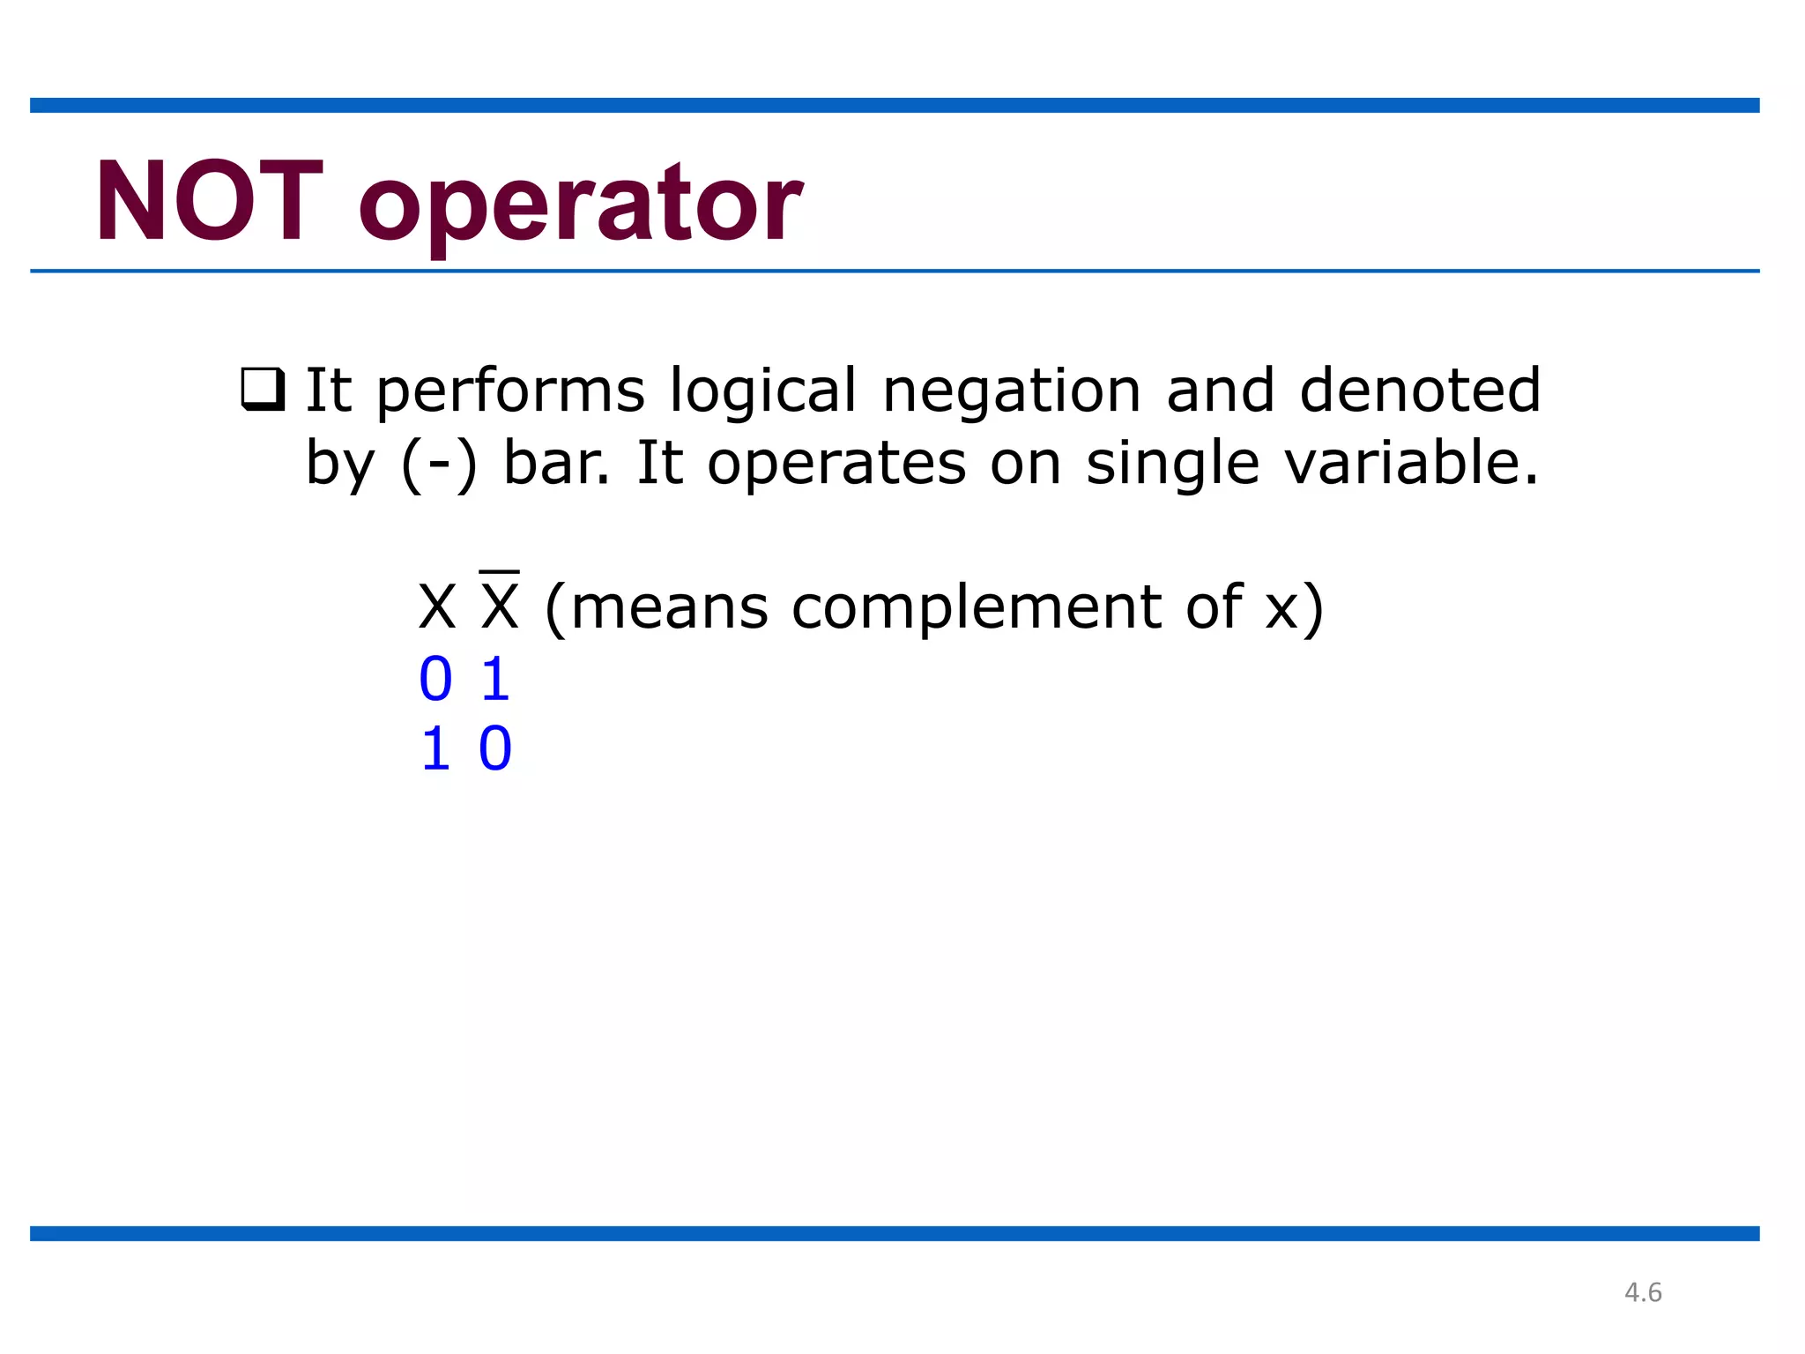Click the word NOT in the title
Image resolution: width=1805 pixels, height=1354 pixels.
coord(209,203)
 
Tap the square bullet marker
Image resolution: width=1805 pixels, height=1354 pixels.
coord(263,390)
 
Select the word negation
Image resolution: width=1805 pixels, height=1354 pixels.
coord(1012,391)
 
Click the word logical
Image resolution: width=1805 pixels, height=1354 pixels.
coord(762,391)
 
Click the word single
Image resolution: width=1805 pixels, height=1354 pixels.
coord(1172,465)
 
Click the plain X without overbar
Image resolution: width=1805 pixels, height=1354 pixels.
coord(437,607)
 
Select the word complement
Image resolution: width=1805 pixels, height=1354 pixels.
coord(977,609)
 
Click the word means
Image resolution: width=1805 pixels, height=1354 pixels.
coord(670,609)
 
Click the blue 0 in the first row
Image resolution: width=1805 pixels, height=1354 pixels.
coord(435,680)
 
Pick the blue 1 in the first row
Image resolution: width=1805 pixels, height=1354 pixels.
coord(495,680)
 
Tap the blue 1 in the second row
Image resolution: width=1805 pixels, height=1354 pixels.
coord(435,750)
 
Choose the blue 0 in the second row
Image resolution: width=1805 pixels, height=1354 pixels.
coord(495,750)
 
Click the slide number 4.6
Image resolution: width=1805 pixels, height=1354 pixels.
coord(1643,1292)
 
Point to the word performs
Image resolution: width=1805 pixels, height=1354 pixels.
coord(510,391)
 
